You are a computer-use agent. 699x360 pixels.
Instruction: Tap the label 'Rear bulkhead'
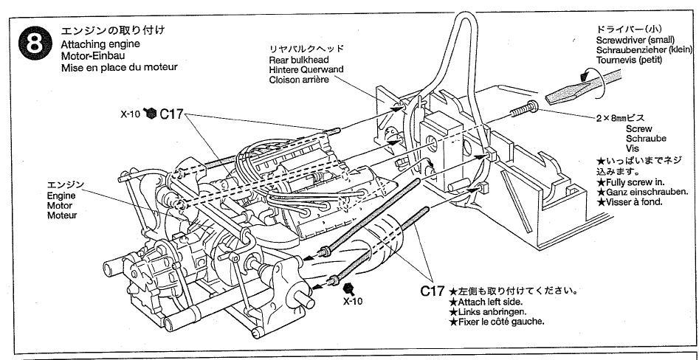coord(299,58)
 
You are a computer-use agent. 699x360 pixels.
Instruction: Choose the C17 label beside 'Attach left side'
coord(433,291)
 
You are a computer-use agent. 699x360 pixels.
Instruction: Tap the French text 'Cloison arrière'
coord(300,80)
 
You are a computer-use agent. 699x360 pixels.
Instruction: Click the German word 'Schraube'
coord(646,138)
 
